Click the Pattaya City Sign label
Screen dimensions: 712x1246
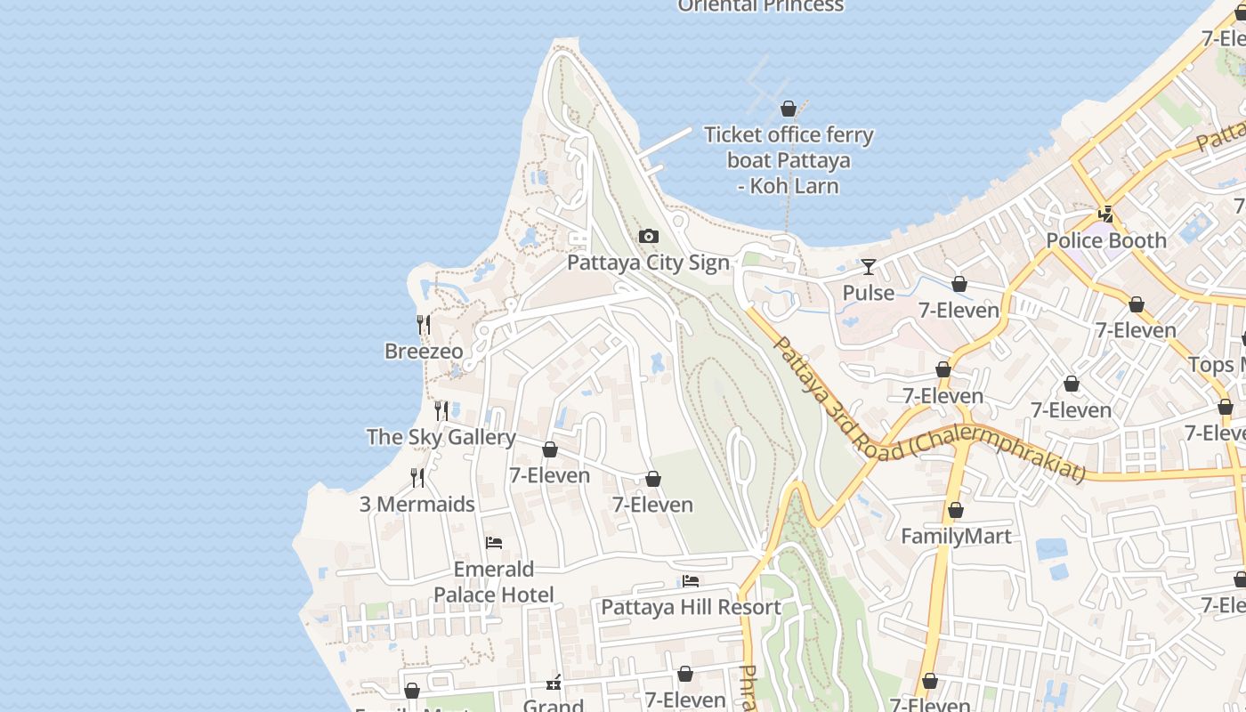tap(648, 263)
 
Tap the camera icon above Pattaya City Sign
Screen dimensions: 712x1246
tap(649, 236)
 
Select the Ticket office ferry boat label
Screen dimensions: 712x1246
tap(789, 160)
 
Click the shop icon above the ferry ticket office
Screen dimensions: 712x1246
tap(788, 109)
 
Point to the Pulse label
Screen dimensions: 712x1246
tap(868, 293)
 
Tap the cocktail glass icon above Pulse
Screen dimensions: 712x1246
tap(868, 266)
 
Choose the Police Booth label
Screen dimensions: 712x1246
tap(1105, 240)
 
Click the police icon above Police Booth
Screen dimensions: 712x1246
tap(1105, 214)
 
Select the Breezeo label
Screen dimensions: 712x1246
tap(424, 352)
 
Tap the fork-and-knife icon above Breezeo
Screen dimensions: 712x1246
tap(424, 325)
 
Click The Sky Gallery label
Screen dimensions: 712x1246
tap(441, 437)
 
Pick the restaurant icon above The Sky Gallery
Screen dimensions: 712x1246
tap(441, 410)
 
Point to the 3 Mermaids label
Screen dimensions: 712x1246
tap(417, 505)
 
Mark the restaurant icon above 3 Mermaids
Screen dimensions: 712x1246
tap(417, 478)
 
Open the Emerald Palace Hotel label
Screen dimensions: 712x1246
tap(494, 582)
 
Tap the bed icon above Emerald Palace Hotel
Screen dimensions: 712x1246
tap(494, 543)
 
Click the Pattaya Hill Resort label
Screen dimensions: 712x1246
tap(691, 608)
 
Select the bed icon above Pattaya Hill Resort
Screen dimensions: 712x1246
tap(691, 581)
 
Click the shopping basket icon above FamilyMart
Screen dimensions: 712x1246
tap(955, 511)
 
